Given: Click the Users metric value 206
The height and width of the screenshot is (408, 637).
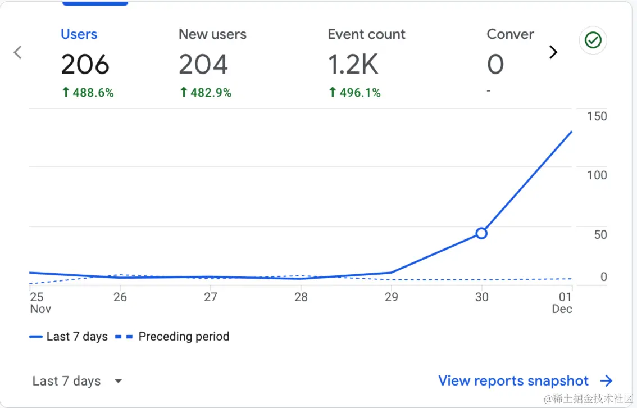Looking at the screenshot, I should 85,65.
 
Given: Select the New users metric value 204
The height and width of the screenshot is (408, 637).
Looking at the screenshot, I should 203,65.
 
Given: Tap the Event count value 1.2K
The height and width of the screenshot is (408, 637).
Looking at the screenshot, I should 353,65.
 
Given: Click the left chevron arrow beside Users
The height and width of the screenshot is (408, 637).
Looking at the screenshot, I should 18,52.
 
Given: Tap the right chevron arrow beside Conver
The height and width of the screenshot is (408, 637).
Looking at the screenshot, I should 553,52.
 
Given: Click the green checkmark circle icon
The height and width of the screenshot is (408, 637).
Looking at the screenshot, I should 593,40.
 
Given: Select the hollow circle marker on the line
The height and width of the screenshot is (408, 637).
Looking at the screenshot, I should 481,233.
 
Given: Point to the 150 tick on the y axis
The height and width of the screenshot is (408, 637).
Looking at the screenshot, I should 597,116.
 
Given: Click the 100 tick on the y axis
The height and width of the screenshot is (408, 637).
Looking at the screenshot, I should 597,175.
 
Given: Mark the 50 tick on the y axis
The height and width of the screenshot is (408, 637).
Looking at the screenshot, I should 600,234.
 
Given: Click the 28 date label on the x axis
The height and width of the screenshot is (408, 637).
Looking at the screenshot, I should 301,297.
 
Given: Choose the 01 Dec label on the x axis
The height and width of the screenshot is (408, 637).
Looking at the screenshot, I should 563,303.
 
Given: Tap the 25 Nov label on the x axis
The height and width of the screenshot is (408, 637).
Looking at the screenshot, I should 39,303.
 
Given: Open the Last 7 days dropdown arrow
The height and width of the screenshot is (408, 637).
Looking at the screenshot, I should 118,381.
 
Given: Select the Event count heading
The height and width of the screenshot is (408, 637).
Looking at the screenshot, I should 366,34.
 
